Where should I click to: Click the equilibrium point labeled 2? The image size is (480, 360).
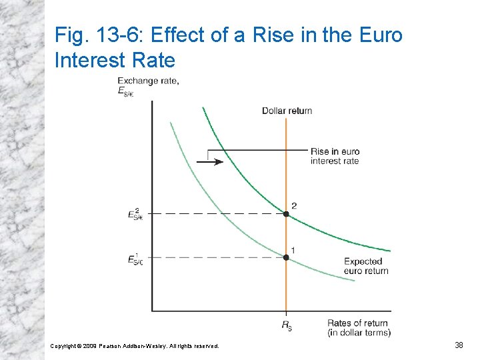pos(286,214)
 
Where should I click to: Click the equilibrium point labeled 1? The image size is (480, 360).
pos(286,257)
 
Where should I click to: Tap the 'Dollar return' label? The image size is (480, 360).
pos(287,111)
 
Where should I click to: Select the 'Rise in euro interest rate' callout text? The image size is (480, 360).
pos(335,156)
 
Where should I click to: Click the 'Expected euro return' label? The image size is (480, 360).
pos(366,266)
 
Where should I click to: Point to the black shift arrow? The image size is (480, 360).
pos(210,161)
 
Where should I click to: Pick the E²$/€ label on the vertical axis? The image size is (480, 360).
pos(135,213)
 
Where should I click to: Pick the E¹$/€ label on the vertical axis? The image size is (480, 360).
pos(135,258)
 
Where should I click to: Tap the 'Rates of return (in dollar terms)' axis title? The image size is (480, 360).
pos(359,328)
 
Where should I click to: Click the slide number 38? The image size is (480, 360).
pos(459,345)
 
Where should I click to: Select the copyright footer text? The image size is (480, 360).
pos(135,345)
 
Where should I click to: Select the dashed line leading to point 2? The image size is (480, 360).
pos(213,214)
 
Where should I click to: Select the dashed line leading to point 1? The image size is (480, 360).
pos(213,257)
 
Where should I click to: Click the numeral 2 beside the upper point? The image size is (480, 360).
pos(293,205)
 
